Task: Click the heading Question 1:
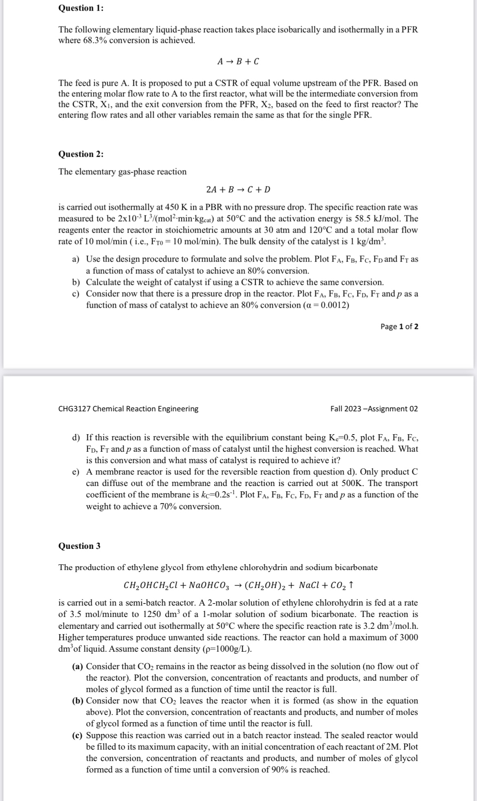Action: [81, 8]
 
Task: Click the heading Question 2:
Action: [81, 154]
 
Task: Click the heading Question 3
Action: [79, 546]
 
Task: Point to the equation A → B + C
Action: [238, 62]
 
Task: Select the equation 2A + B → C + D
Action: [238, 190]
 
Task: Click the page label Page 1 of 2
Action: [399, 326]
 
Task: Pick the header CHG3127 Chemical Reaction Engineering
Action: [128, 409]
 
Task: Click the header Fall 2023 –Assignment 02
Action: [374, 409]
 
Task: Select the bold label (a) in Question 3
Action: [77, 666]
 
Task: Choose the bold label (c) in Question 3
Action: [77, 735]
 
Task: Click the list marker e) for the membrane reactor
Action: [75, 472]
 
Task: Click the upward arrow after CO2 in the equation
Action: [351, 585]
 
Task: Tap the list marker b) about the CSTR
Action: [75, 282]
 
